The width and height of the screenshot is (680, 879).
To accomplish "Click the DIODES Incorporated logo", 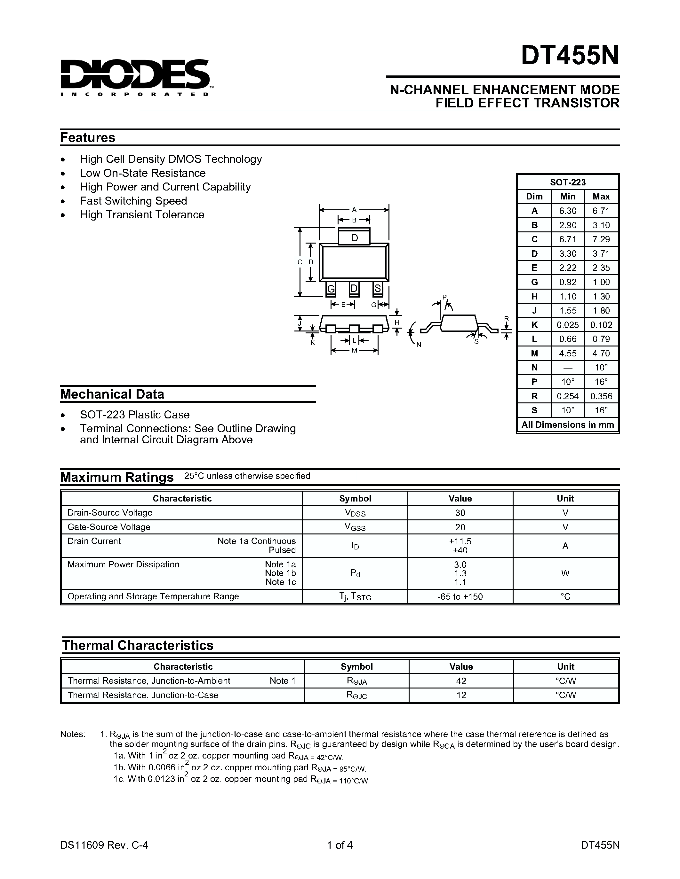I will pyautogui.click(x=135, y=77).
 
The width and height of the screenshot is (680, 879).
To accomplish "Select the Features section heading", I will pyautogui.click(x=87, y=138).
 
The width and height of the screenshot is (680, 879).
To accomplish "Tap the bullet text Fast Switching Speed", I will pyautogui.click(x=133, y=201).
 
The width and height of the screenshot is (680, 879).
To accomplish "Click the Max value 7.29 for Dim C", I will pyautogui.click(x=601, y=239).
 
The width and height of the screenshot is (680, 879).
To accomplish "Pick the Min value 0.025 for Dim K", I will pyautogui.click(x=567, y=325).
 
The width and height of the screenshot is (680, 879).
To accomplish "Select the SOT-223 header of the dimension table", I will pyautogui.click(x=567, y=182).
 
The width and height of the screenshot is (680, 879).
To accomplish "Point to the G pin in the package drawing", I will pyautogui.click(x=331, y=289).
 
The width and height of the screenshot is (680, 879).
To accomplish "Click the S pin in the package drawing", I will pyautogui.click(x=378, y=289).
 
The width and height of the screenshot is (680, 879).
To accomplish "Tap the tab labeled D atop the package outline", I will pyautogui.click(x=354, y=238).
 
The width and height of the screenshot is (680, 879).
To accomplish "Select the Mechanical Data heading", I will pyautogui.click(x=112, y=394).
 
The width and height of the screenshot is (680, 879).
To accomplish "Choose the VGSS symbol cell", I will pyautogui.click(x=355, y=527).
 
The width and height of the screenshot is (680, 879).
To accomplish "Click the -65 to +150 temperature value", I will pyautogui.click(x=460, y=596).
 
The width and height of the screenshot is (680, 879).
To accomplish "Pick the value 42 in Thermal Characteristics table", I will pyautogui.click(x=461, y=681).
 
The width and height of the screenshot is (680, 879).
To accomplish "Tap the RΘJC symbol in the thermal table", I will pyautogui.click(x=356, y=696).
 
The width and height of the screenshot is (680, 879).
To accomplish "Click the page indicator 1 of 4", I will pyautogui.click(x=340, y=845).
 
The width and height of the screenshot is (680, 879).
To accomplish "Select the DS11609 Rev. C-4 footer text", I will pyautogui.click(x=104, y=845).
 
